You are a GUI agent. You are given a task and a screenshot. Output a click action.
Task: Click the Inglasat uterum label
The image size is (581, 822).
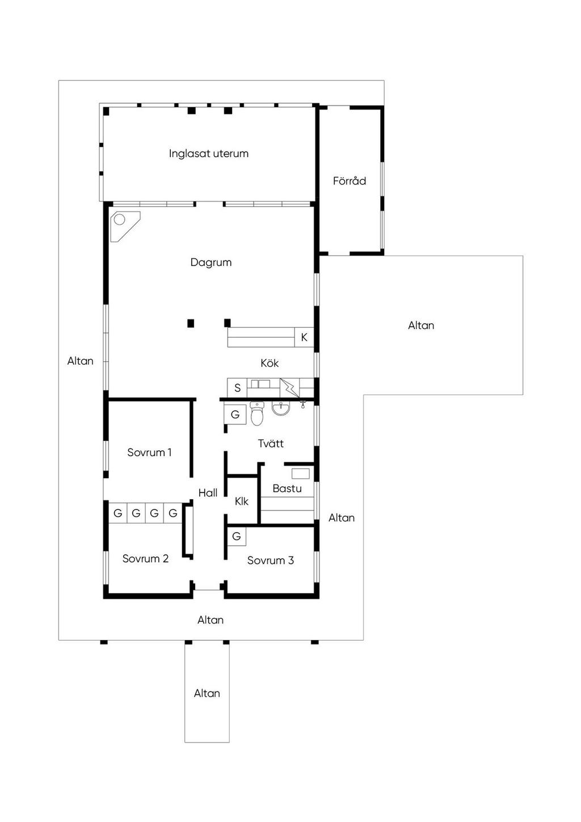[x=208, y=153]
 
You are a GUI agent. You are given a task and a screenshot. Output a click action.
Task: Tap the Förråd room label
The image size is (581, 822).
[x=350, y=180]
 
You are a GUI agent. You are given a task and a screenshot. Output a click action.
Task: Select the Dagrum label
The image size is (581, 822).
[x=211, y=263]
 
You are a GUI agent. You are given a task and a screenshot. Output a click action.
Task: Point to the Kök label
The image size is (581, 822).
[x=270, y=363]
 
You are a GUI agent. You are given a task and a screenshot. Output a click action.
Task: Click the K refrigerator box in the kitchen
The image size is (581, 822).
[x=304, y=337]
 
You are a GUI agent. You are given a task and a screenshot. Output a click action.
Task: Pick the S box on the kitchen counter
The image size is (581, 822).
[x=238, y=387]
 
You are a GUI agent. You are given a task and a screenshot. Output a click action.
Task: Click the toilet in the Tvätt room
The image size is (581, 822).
[x=257, y=413]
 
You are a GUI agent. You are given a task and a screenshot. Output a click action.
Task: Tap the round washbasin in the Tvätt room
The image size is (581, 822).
[x=281, y=408]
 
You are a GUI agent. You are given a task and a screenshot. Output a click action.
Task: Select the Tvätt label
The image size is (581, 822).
[x=271, y=443]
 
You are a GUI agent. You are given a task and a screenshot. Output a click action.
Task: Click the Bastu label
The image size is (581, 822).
[x=287, y=488]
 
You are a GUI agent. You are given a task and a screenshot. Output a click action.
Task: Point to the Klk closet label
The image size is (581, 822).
[x=242, y=501]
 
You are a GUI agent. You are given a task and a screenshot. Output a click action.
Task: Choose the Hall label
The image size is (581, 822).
[x=208, y=492]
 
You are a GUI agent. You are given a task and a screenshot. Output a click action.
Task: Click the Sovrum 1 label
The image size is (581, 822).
[x=149, y=452]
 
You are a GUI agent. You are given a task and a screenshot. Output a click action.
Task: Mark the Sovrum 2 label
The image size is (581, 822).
[x=145, y=558]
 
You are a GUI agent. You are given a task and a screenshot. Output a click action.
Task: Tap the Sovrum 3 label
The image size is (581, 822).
[x=271, y=560]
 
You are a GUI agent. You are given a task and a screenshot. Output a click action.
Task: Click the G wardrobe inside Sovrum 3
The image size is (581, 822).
[x=237, y=537]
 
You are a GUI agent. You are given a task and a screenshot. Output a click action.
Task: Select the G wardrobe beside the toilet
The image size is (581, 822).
[x=235, y=414]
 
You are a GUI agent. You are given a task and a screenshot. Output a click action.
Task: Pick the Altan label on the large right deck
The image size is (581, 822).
[x=421, y=325]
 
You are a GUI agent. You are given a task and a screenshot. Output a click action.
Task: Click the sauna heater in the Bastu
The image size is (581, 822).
[x=301, y=473]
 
